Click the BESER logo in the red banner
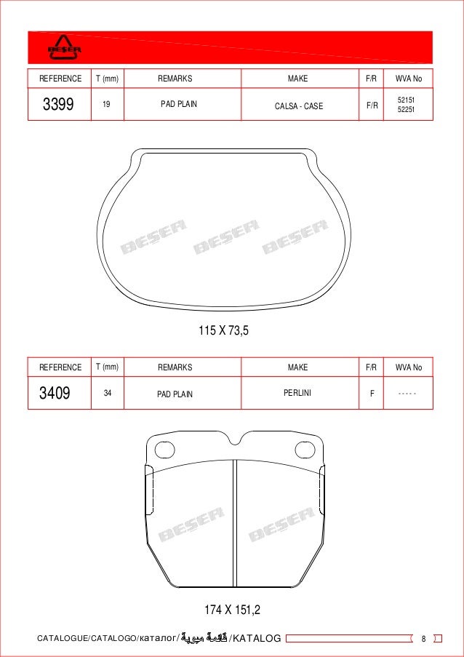tap(65, 47)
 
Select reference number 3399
tap(58, 105)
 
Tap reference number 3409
tap(55, 394)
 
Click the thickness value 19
tap(106, 105)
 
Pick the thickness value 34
tap(107, 393)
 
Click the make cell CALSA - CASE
tap(298, 106)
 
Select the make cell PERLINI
tap(297, 393)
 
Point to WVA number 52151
tap(405, 99)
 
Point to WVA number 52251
tap(405, 110)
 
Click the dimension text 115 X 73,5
tap(224, 331)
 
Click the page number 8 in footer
tap(423, 639)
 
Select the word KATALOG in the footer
tap(255, 639)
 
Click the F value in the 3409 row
tap(372, 394)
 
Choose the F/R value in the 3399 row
tap(372, 105)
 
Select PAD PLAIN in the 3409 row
tap(175, 394)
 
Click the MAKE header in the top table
tap(297, 79)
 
